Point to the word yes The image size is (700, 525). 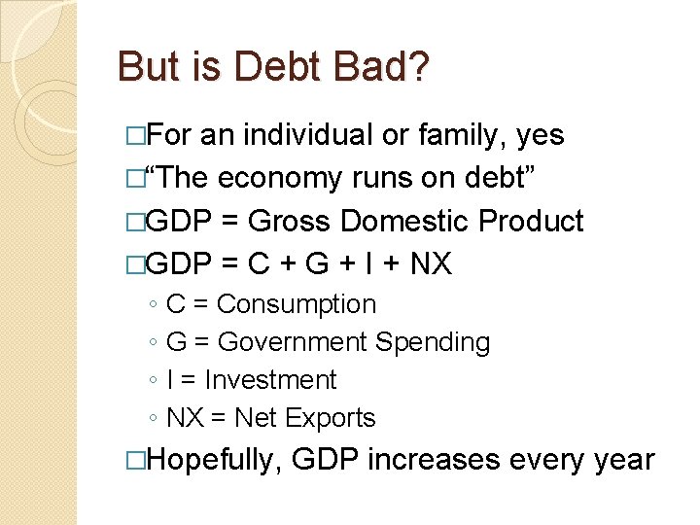pos(542,135)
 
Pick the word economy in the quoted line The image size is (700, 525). pos(284,179)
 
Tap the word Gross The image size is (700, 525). pos(287,222)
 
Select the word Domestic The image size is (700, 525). pos(402,222)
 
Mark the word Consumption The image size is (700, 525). pos(297,304)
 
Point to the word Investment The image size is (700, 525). pos(270,380)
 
